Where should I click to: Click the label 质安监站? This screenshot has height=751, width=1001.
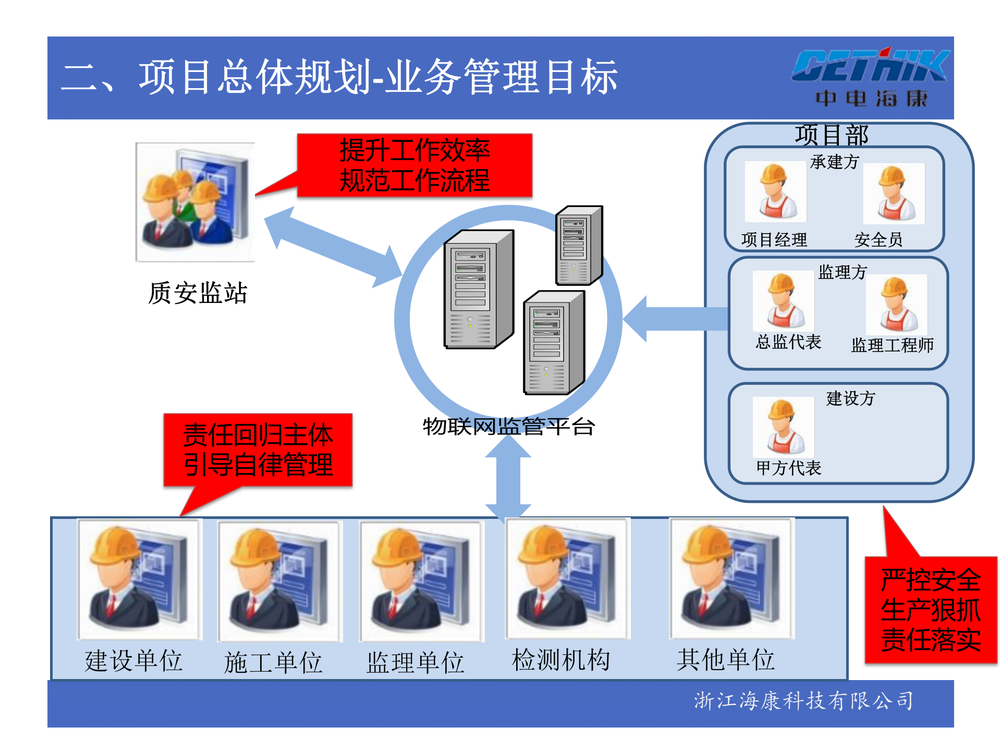pyautogui.click(x=198, y=293)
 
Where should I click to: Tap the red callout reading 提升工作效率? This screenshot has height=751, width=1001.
pyautogui.click(x=414, y=165)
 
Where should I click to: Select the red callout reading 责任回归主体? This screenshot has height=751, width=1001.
pyautogui.click(x=258, y=450)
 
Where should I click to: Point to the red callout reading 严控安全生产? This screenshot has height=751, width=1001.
pyautogui.click(x=931, y=610)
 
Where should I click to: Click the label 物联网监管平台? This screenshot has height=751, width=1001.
pyautogui.click(x=508, y=427)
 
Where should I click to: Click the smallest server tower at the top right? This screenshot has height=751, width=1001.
pyautogui.click(x=579, y=246)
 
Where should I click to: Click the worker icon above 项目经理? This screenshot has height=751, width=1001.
pyautogui.click(x=775, y=192)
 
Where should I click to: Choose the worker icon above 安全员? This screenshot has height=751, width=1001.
pyautogui.click(x=894, y=193)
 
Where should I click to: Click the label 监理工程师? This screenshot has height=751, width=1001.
pyautogui.click(x=892, y=345)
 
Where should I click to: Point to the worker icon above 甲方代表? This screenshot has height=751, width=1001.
pyautogui.click(x=783, y=427)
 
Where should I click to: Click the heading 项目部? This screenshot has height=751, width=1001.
pyautogui.click(x=832, y=135)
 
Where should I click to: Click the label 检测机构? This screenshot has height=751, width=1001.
pyautogui.click(x=561, y=660)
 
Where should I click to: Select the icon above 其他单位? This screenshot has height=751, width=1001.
pyautogui.click(x=731, y=578)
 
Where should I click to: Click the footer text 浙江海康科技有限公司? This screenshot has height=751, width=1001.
pyautogui.click(x=803, y=701)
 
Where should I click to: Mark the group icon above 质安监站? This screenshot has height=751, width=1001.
pyautogui.click(x=195, y=202)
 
